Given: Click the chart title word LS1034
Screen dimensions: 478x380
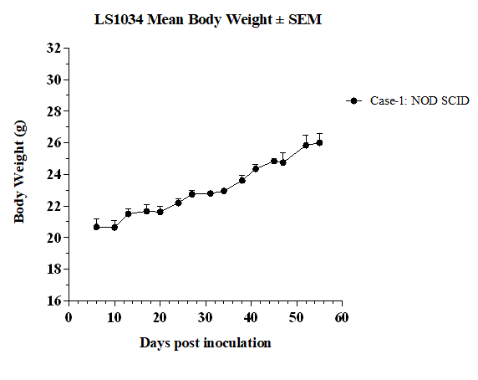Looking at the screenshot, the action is pyautogui.click(x=119, y=20).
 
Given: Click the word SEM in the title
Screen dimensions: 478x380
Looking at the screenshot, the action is pyautogui.click(x=305, y=20).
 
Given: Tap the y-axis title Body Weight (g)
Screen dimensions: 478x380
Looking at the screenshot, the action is pyautogui.click(x=20, y=172).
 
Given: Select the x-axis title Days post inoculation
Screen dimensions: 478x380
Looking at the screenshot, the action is pyautogui.click(x=206, y=343).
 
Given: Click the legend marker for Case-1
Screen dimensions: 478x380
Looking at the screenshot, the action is pyautogui.click(x=353, y=100).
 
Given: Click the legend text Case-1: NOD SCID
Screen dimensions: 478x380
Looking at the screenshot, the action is pyautogui.click(x=420, y=100).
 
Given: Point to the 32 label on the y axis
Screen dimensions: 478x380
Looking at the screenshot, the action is pyautogui.click(x=53, y=48).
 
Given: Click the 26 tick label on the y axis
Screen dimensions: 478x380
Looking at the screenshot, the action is pyautogui.click(x=53, y=142).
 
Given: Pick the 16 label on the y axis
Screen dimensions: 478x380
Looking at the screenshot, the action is pyautogui.click(x=53, y=300).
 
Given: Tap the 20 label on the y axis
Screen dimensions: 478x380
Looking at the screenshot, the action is pyautogui.click(x=53, y=238).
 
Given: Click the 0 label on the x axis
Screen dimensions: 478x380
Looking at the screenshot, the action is pyautogui.click(x=69, y=318).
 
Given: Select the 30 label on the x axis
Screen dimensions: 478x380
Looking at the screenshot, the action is pyautogui.click(x=206, y=318).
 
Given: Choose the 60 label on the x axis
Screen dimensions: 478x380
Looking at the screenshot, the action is pyautogui.click(x=342, y=318).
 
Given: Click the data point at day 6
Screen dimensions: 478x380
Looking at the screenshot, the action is pyautogui.click(x=96, y=227).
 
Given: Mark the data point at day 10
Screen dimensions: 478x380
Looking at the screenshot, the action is pyautogui.click(x=114, y=228).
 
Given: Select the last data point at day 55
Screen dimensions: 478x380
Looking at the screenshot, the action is pyautogui.click(x=319, y=142).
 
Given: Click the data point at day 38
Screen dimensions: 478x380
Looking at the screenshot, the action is pyautogui.click(x=242, y=181).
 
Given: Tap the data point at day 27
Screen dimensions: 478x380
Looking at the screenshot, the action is pyautogui.click(x=191, y=194).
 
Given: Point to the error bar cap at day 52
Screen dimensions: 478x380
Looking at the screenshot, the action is pyautogui.click(x=306, y=135).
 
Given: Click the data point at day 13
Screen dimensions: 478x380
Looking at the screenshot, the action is pyautogui.click(x=128, y=213).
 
